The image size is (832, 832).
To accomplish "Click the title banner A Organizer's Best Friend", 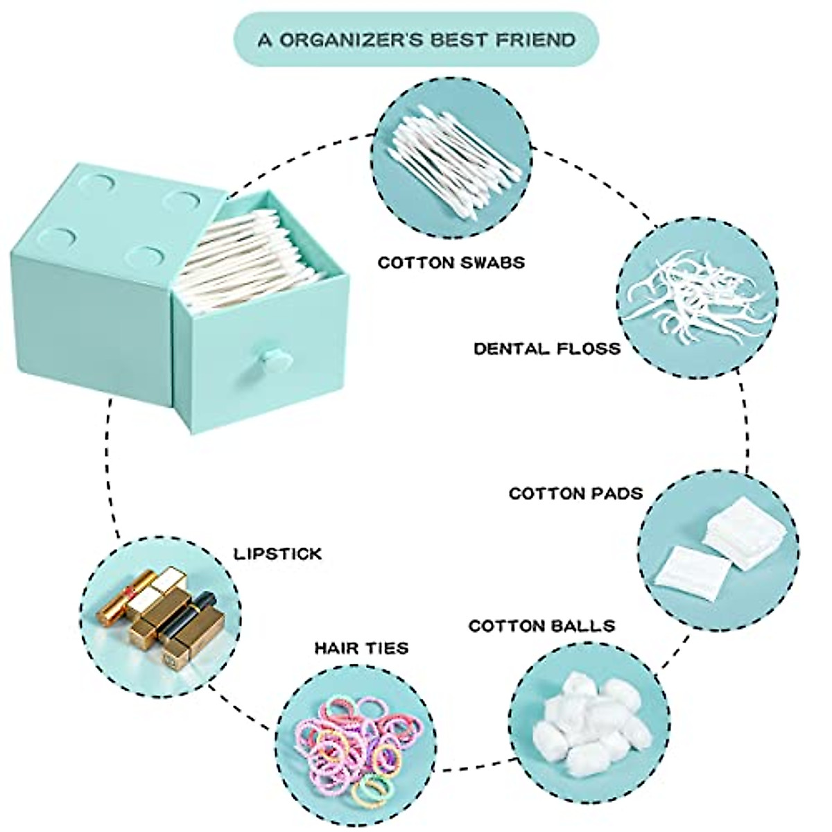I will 416,39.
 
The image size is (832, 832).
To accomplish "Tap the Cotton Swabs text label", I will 451,263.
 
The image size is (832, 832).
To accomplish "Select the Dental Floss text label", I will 547,348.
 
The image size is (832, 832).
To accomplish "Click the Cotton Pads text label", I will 575,494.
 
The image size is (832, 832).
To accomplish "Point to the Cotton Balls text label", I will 541,626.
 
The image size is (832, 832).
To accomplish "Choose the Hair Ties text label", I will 361,648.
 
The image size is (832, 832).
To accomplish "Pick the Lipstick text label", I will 277,554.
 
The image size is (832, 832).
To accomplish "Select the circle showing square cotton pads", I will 718,551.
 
